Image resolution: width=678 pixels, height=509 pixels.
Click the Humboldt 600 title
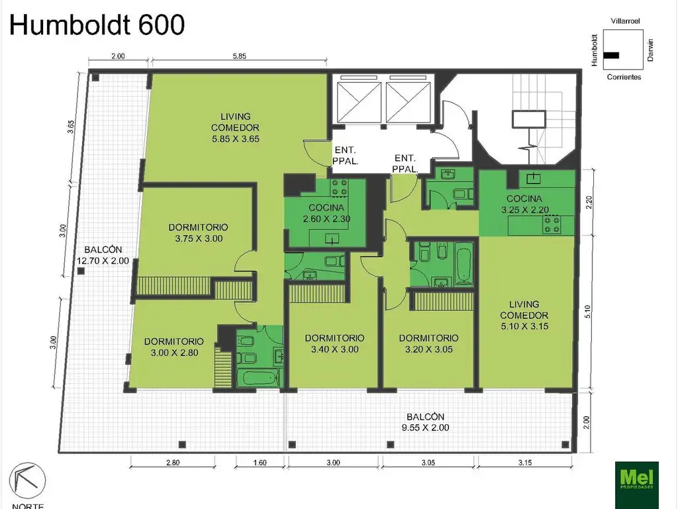click(97, 25)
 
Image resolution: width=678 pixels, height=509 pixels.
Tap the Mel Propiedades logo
click(636, 481)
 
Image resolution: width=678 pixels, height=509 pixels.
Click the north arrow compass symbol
click(27, 481)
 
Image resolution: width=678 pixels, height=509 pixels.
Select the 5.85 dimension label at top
click(239, 56)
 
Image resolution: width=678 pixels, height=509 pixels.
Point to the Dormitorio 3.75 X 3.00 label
click(199, 233)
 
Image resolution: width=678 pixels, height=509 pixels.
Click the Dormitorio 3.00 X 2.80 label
click(174, 347)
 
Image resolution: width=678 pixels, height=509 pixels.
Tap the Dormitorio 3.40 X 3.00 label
click(334, 344)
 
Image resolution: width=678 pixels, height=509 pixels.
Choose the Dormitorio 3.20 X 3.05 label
click(428, 344)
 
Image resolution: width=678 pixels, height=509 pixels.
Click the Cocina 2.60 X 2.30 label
click(326, 213)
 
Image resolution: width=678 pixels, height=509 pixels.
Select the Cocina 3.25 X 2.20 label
click(524, 204)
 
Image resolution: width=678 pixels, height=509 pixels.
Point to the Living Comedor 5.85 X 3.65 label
click(236, 128)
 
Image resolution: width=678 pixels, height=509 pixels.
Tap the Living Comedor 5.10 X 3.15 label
click(524, 315)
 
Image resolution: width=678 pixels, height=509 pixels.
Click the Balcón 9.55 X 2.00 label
click(426, 422)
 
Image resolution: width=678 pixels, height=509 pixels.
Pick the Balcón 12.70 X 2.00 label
click(103, 255)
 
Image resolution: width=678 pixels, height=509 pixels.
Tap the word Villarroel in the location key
click(625, 21)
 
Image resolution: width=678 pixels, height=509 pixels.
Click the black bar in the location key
click(611, 56)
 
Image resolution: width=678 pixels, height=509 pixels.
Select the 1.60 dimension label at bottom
click(260, 463)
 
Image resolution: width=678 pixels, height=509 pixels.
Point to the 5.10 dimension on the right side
click(587, 311)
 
